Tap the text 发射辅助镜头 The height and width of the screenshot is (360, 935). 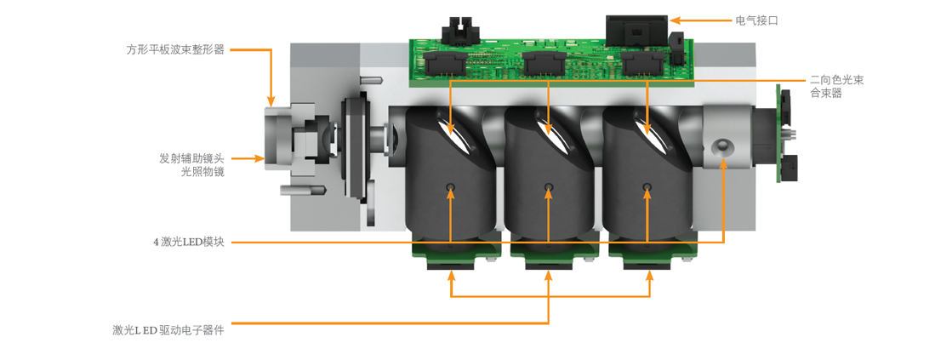click(191, 158)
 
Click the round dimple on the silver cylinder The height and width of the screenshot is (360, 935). click(722, 146)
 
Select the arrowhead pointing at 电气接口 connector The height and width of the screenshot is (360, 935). click(675, 21)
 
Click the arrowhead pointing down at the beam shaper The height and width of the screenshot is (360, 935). click(271, 102)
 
